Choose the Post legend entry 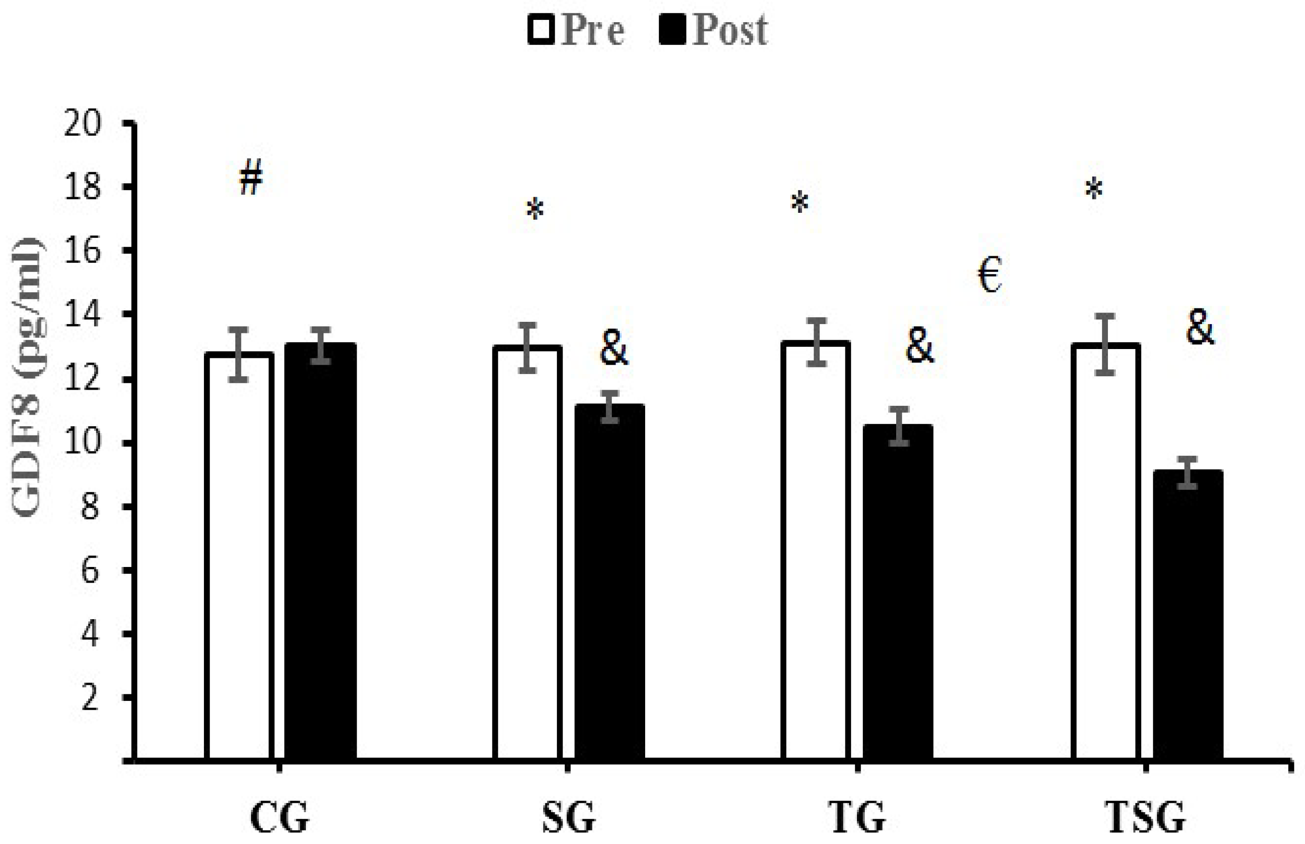[714, 30]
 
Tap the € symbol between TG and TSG [989, 275]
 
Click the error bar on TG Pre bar [816, 343]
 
